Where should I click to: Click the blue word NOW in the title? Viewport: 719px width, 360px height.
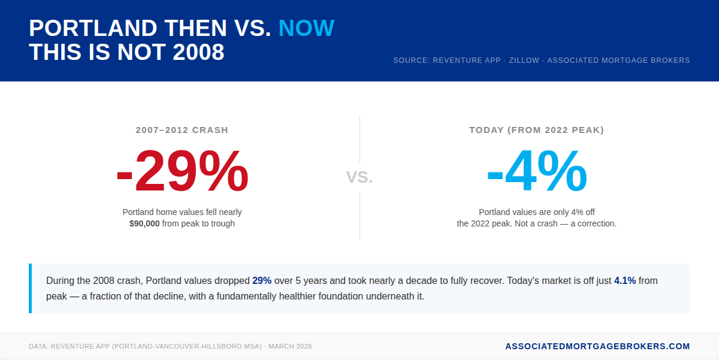[306, 28]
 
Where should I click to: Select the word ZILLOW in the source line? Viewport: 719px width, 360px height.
[524, 60]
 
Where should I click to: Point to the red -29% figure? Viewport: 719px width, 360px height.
[182, 172]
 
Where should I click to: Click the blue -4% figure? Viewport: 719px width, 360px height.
[536, 172]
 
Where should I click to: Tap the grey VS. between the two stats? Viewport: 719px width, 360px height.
[359, 177]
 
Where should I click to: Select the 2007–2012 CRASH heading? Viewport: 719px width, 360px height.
[182, 130]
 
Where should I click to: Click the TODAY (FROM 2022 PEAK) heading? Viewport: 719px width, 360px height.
[536, 130]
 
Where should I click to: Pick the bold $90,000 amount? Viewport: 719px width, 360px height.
[144, 223]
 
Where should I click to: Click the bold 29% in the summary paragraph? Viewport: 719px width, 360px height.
[262, 280]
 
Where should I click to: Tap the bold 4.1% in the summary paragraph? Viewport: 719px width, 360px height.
[625, 280]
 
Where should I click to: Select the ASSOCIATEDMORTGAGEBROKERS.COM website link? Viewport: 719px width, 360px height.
[597, 346]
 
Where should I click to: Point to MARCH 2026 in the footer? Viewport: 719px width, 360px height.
[290, 347]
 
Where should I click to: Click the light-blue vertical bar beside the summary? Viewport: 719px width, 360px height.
[30, 288]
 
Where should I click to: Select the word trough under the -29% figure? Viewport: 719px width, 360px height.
[222, 223]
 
